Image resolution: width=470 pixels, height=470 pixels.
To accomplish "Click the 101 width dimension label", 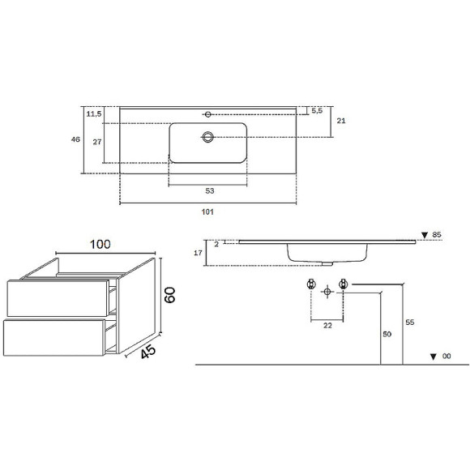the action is pyautogui.click(x=207, y=212).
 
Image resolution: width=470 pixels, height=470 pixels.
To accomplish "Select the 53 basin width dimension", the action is pyautogui.click(x=210, y=190).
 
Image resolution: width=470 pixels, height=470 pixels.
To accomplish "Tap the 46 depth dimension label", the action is pyautogui.click(x=75, y=139).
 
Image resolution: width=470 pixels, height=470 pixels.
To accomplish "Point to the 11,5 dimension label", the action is pyautogui.click(x=94, y=114).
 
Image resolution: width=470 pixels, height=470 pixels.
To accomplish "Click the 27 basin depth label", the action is pyautogui.click(x=96, y=142).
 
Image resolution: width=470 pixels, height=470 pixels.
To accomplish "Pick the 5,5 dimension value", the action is pyautogui.click(x=317, y=110).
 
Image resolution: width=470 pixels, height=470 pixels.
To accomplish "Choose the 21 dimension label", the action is pyautogui.click(x=341, y=121).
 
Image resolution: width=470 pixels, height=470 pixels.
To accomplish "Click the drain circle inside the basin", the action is pyautogui.click(x=207, y=137).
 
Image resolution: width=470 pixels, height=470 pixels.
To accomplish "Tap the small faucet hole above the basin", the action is pyautogui.click(x=207, y=114).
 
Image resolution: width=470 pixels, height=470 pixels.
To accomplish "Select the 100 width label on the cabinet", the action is pyautogui.click(x=100, y=244).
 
